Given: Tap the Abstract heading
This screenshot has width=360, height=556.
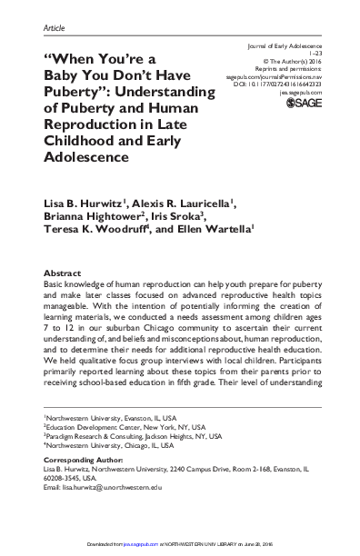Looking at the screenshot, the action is [x=62, y=273].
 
